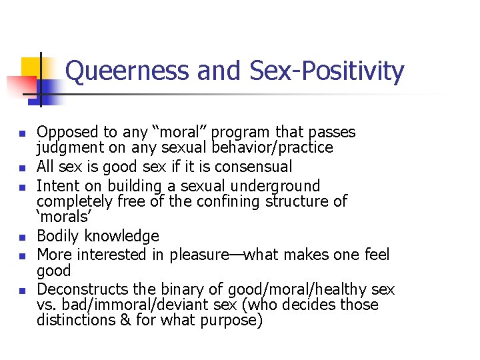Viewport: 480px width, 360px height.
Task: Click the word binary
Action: click(201, 289)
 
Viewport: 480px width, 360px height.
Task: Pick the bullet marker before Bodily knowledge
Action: click(23, 237)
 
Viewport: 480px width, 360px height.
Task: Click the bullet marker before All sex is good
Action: click(23, 167)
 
